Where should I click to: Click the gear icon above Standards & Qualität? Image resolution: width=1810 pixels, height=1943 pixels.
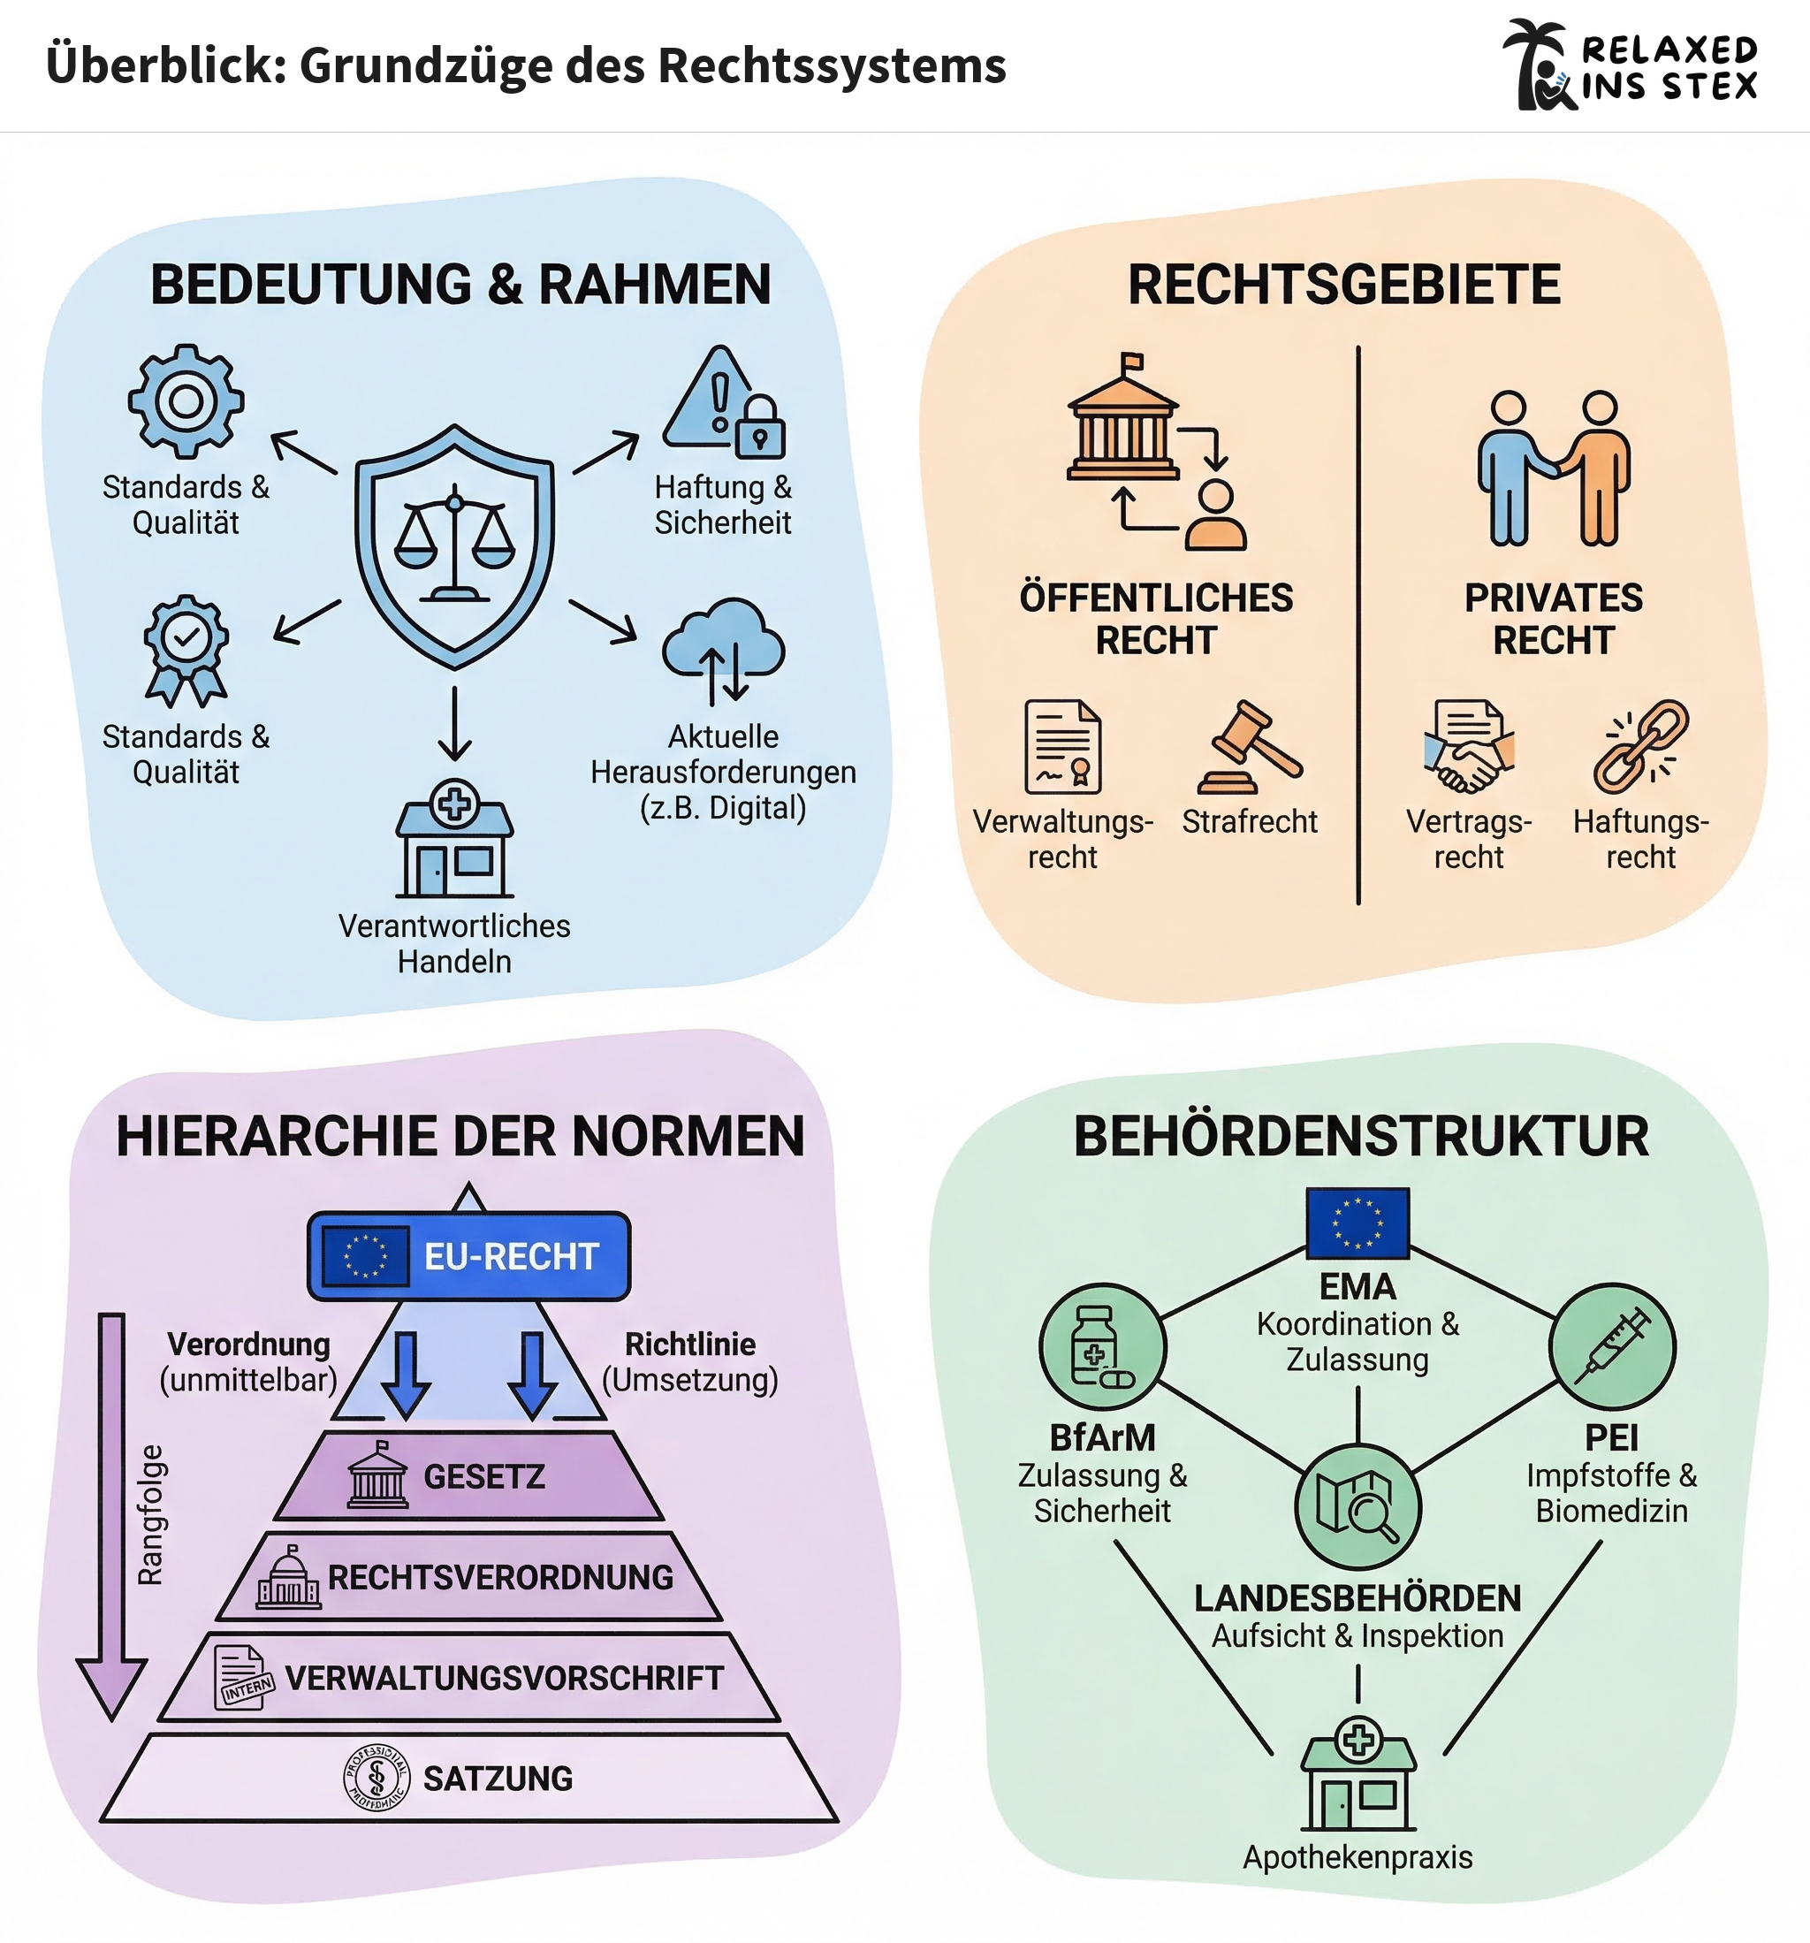(x=186, y=400)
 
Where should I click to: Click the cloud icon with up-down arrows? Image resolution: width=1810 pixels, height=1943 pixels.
(x=723, y=650)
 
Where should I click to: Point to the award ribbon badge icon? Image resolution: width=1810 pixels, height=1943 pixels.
(x=186, y=650)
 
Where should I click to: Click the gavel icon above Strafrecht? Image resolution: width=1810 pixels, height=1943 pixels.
(x=1249, y=748)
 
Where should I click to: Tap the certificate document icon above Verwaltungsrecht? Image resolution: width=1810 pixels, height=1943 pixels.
(x=1062, y=747)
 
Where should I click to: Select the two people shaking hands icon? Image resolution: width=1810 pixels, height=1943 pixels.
(x=1554, y=469)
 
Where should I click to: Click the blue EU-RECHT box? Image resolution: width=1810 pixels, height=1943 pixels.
(x=469, y=1256)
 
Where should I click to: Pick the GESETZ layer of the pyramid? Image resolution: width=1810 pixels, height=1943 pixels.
(x=469, y=1476)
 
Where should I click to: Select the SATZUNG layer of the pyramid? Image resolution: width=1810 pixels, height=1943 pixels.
(x=469, y=1778)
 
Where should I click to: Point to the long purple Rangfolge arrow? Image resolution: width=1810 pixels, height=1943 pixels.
(x=111, y=1515)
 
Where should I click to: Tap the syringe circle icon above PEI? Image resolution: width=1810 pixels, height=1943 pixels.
(x=1612, y=1347)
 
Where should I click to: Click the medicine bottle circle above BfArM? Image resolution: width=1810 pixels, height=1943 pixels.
(x=1102, y=1347)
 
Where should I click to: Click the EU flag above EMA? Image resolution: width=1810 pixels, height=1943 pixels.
(x=1357, y=1223)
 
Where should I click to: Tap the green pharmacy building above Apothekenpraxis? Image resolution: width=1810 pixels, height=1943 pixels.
(x=1357, y=1774)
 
